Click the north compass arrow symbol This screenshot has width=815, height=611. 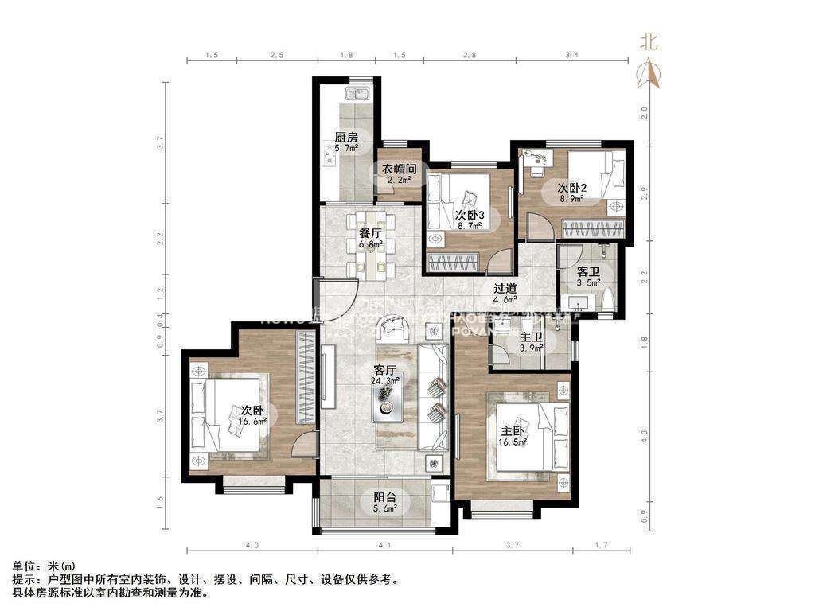[650, 74]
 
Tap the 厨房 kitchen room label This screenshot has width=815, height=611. [345, 137]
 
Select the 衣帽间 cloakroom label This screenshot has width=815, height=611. [399, 169]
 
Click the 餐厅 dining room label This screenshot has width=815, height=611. [371, 233]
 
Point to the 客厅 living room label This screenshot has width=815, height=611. [385, 370]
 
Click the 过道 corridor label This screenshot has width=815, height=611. [505, 289]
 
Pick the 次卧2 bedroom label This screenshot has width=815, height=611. [571, 188]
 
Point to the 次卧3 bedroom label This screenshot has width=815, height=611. [470, 215]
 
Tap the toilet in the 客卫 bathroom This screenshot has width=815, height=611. [609, 300]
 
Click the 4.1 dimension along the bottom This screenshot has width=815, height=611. [385, 545]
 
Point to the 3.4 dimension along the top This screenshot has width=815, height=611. [571, 55]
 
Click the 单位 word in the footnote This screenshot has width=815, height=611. [23, 566]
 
